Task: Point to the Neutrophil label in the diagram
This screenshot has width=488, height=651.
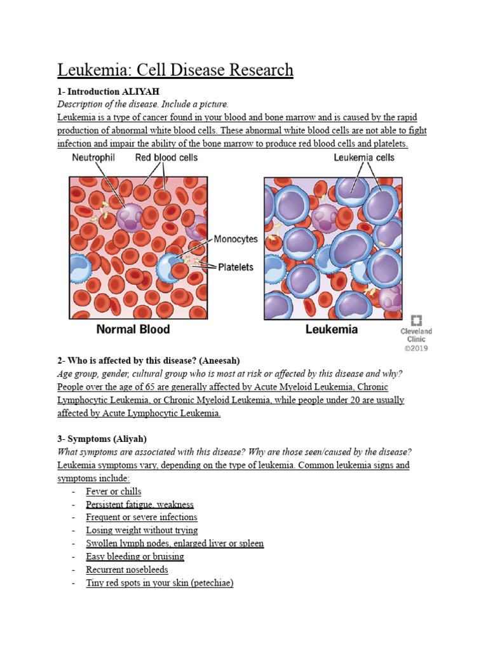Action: (93, 158)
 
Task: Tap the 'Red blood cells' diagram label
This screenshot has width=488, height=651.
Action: (166, 158)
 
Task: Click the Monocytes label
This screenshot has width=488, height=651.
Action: (236, 239)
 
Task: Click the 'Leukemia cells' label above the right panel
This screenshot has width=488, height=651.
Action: (364, 158)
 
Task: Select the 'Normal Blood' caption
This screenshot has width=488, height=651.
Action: (133, 329)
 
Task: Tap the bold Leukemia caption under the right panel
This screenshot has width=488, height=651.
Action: (332, 329)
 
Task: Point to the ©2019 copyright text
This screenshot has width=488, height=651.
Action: (416, 348)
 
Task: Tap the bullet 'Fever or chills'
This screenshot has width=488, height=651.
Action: (114, 491)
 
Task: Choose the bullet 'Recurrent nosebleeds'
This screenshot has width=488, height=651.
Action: (127, 570)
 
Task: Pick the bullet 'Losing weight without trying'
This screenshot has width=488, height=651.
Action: (142, 530)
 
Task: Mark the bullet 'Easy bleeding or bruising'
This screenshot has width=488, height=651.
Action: (135, 557)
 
